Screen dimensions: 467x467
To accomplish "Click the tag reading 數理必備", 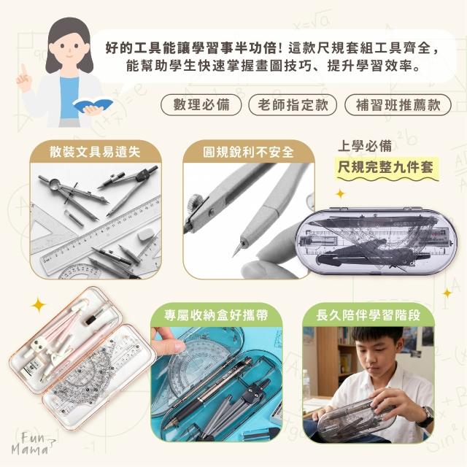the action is pos(201,105).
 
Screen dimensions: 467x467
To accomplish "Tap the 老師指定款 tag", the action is pos(293,105).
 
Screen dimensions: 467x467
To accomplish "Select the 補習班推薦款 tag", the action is pos(398,105).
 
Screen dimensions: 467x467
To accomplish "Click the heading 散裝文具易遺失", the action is pos(95,152).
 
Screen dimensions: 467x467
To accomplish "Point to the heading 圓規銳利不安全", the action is pos(248,153).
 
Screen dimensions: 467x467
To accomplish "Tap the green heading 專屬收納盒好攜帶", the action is pos(216,315).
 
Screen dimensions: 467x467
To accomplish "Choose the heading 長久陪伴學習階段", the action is pos(368,315).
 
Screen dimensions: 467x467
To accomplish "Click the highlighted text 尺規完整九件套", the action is pos(386,167).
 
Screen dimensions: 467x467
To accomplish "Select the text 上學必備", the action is pos(365,146).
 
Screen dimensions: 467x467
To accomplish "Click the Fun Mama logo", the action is pos(32,444).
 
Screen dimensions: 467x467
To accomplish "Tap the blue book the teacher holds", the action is pos(93,105).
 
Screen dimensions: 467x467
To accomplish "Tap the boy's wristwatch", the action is pos(426,415).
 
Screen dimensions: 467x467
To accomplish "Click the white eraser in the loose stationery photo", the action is pos(145,234).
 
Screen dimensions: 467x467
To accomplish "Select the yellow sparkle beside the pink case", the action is pos(39,305).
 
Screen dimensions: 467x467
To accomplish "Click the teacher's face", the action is pos(69,48).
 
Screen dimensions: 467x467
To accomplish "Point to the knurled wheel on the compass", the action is pos(196,201).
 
